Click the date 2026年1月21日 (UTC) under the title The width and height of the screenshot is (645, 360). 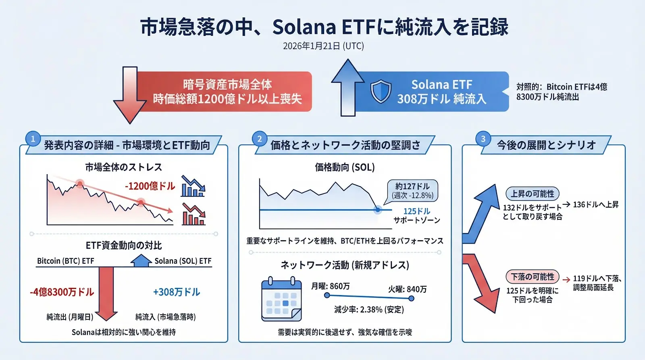tap(323, 46)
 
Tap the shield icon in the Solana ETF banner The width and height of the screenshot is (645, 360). tap(381, 92)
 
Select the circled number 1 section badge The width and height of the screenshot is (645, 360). tap(33, 139)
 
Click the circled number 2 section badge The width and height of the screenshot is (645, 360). tap(260, 139)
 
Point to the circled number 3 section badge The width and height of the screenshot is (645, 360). tap(483, 139)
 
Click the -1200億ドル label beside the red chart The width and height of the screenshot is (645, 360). tap(150, 186)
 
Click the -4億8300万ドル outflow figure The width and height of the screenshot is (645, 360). tap(62, 292)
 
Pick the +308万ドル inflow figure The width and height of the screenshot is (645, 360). tap(177, 292)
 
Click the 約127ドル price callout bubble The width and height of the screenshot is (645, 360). tap(412, 190)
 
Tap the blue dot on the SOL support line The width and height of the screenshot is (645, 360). tap(378, 210)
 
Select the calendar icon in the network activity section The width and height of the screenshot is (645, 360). tap(281, 299)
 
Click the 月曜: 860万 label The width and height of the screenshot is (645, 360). tap(330, 286)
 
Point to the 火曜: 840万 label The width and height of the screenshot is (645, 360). tap(407, 289)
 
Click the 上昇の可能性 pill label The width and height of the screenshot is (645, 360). tap(533, 194)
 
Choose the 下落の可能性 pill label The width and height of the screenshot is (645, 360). tap(533, 277)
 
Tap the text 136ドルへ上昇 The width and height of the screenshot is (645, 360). tap(596, 205)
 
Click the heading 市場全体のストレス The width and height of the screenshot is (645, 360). tap(124, 167)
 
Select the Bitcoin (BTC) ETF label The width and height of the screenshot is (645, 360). tap(66, 261)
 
